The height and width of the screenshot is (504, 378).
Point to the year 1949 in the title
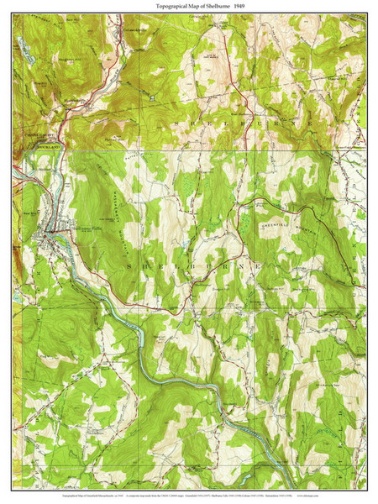pyautogui.click(x=240, y=6)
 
